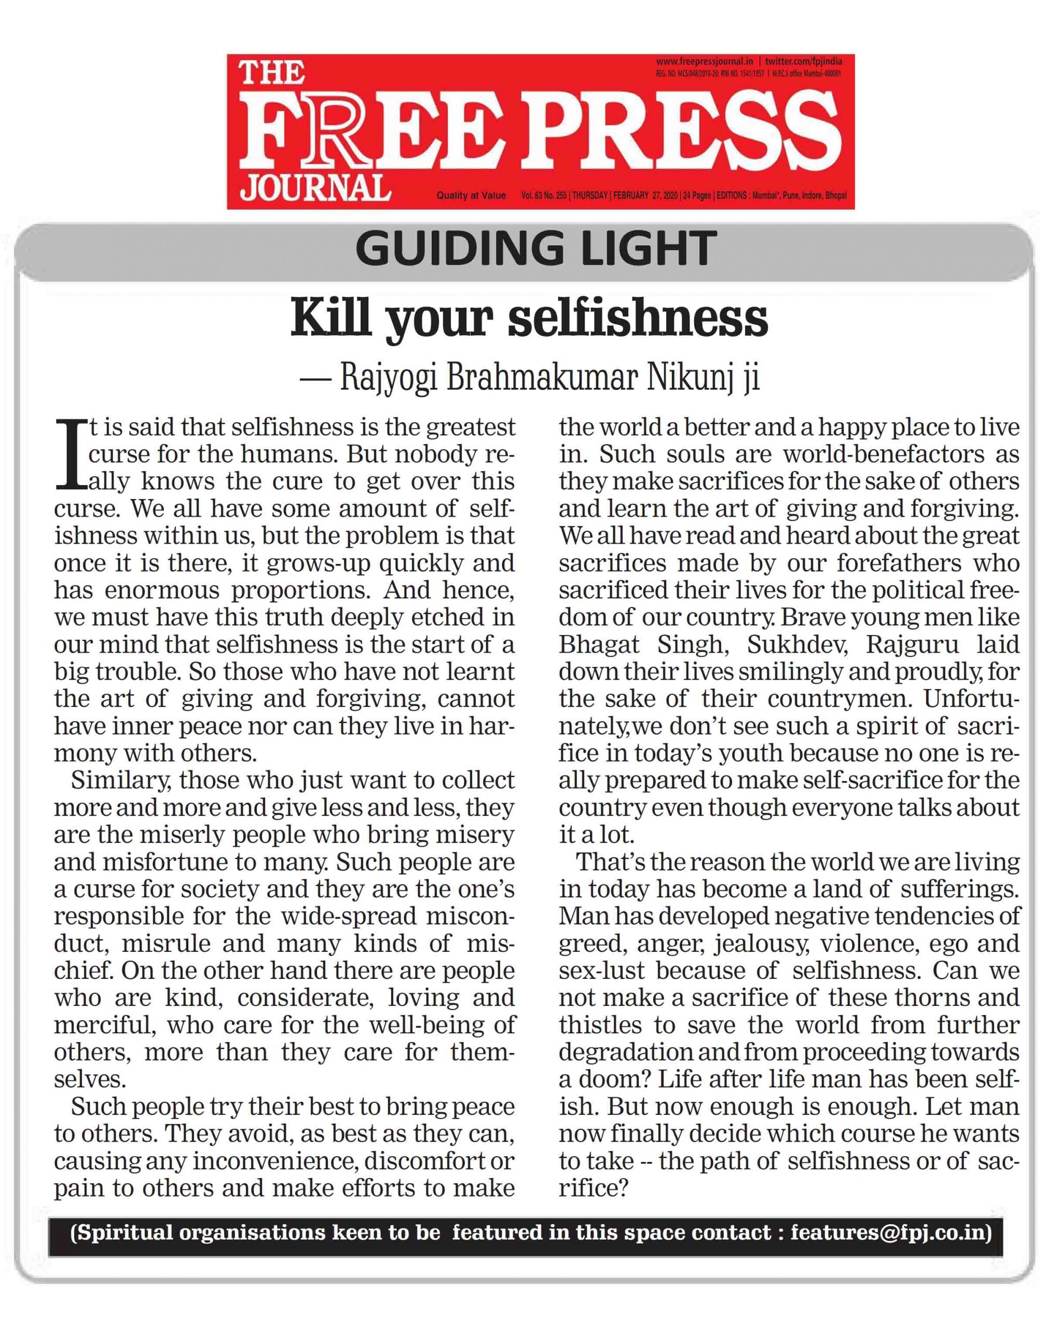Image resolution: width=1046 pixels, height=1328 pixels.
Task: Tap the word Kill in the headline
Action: click(330, 318)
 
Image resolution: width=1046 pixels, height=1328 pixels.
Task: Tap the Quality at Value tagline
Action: click(471, 196)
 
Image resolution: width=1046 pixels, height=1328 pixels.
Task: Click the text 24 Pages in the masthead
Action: click(696, 196)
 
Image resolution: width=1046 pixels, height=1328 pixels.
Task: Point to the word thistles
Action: click(595, 1026)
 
